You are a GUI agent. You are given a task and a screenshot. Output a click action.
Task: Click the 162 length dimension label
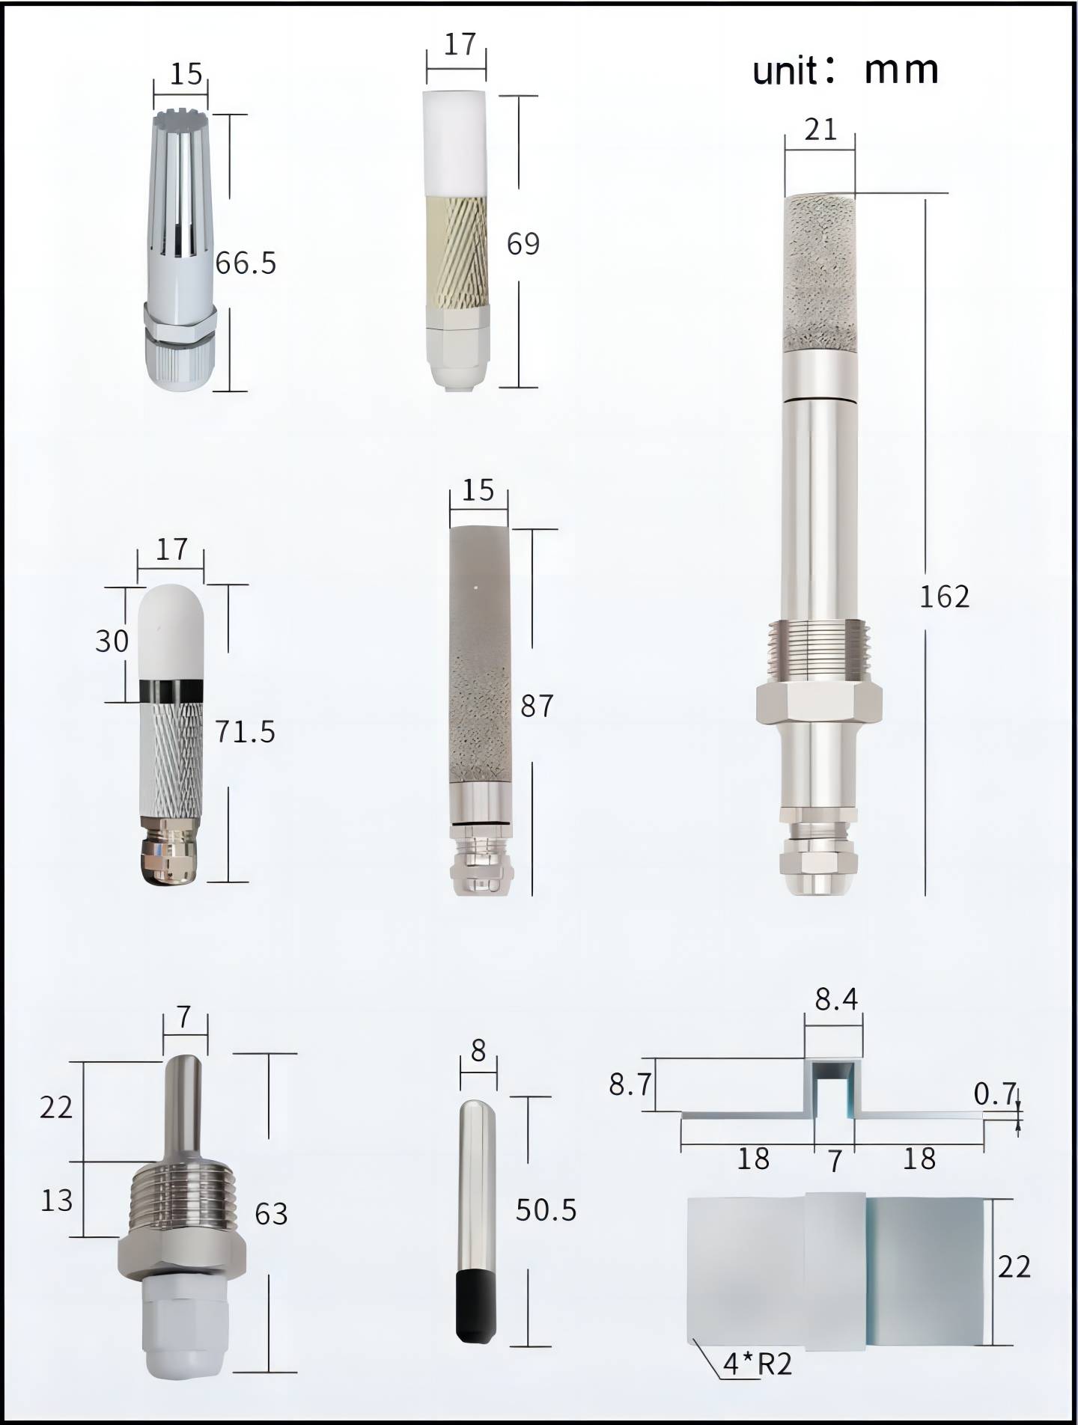click(x=944, y=596)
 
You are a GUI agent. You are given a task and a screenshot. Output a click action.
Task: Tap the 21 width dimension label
click(x=820, y=130)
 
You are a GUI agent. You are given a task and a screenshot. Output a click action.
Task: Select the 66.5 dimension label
click(x=246, y=263)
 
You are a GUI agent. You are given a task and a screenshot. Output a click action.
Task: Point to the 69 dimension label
click(x=523, y=244)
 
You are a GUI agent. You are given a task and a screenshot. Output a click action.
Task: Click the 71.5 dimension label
click(x=246, y=732)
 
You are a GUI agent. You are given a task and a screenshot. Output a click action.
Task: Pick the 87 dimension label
click(x=537, y=707)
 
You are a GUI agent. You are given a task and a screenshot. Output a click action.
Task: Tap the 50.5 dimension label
click(x=546, y=1211)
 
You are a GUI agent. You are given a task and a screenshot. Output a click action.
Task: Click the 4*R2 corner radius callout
click(x=757, y=1364)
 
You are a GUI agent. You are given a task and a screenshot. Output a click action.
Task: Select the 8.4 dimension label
click(x=836, y=999)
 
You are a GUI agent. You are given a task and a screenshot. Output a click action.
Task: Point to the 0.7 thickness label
click(x=995, y=1095)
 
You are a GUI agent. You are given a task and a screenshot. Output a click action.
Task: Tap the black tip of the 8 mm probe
click(x=475, y=1306)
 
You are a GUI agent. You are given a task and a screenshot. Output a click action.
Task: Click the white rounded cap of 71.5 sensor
click(x=171, y=632)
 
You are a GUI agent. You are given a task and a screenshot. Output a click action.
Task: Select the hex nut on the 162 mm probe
click(x=819, y=704)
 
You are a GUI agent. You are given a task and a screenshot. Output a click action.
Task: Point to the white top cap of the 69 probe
click(x=456, y=144)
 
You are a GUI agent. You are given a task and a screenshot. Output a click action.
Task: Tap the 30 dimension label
click(x=112, y=641)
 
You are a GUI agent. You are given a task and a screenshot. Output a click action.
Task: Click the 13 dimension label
click(x=56, y=1201)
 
